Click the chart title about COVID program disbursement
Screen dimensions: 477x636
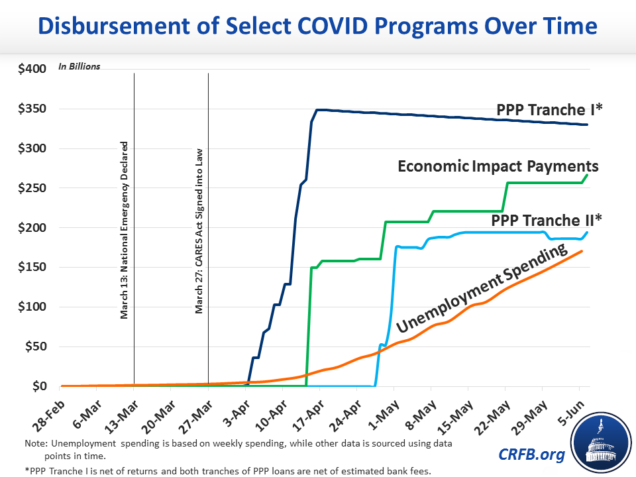318,26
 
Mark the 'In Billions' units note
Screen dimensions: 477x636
79,66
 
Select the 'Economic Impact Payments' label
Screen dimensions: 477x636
498,166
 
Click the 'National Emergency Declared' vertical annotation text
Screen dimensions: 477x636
124,230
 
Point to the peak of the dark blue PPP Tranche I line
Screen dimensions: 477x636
318,109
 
